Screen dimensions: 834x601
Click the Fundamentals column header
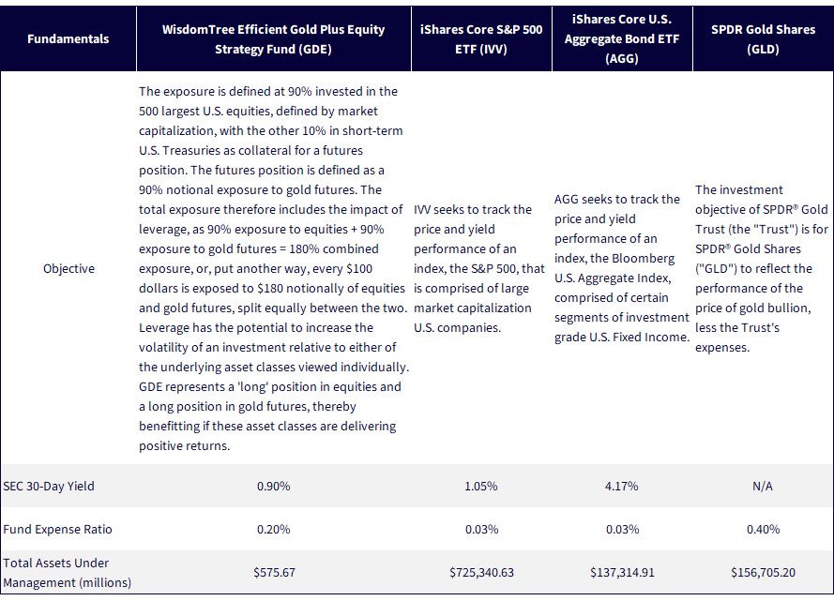(x=68, y=38)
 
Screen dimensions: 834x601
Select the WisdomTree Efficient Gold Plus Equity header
(x=273, y=39)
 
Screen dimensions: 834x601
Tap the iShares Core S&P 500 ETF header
(x=481, y=39)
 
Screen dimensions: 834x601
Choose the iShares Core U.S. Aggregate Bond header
(x=622, y=38)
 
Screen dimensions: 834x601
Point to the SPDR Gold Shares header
(x=763, y=39)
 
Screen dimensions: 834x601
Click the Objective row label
(x=68, y=269)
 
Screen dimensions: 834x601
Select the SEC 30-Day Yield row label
(x=49, y=487)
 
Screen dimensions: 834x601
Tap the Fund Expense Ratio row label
(x=57, y=529)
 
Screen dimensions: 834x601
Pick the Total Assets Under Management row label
(x=67, y=573)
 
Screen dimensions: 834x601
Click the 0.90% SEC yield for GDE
(x=273, y=487)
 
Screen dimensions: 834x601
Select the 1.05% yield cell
(x=481, y=487)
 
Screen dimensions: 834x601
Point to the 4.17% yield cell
(x=622, y=487)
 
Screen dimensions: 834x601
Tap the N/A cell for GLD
(x=763, y=487)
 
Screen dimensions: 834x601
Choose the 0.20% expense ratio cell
(x=273, y=529)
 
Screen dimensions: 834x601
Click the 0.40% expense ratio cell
(x=763, y=529)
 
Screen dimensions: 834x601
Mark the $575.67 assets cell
(x=274, y=573)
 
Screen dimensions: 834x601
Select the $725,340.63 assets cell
(x=481, y=573)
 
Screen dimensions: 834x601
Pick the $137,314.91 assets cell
(x=622, y=573)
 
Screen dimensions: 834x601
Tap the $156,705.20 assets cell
(x=763, y=573)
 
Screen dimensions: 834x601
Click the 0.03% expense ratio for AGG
(x=622, y=529)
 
